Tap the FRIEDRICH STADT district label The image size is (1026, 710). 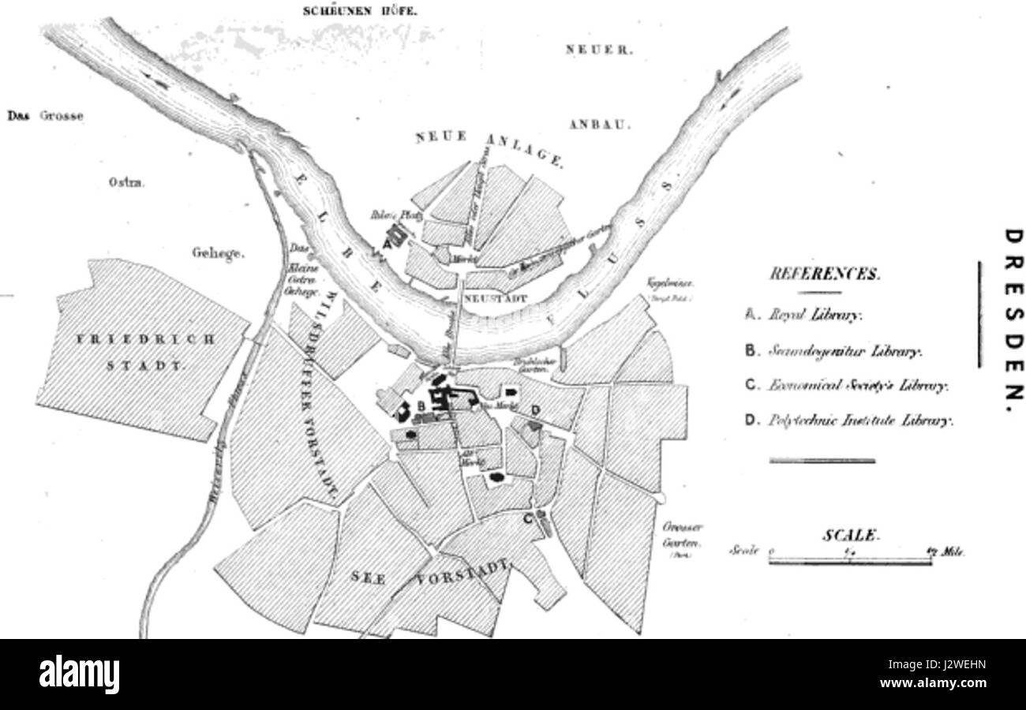point(146,353)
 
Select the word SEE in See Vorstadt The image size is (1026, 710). point(369,577)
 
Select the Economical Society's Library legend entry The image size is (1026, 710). point(846,386)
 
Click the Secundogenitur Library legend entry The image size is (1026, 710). point(833,351)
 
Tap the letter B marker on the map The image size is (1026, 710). point(421,405)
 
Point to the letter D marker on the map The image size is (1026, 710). point(536,409)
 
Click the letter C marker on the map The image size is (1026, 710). point(528,518)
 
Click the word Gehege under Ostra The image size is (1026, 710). point(219,254)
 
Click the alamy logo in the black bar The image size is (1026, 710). point(79,674)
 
